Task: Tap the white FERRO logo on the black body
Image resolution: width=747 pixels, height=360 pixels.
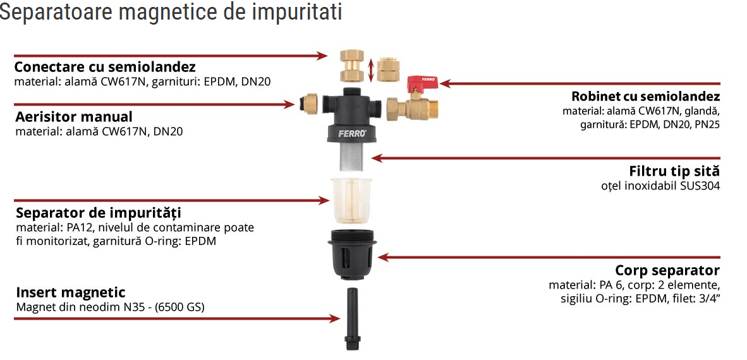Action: tap(353, 134)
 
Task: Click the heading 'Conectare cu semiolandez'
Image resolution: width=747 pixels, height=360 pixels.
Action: tap(106, 66)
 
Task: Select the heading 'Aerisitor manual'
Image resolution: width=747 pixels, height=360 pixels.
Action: tap(74, 117)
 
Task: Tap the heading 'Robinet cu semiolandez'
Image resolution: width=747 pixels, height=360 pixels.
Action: tap(645, 97)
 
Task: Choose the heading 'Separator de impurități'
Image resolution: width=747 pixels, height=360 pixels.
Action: tap(99, 212)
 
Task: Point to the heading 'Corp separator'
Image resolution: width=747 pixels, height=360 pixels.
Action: tap(667, 271)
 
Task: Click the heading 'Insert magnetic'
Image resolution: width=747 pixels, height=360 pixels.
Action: tap(71, 292)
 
